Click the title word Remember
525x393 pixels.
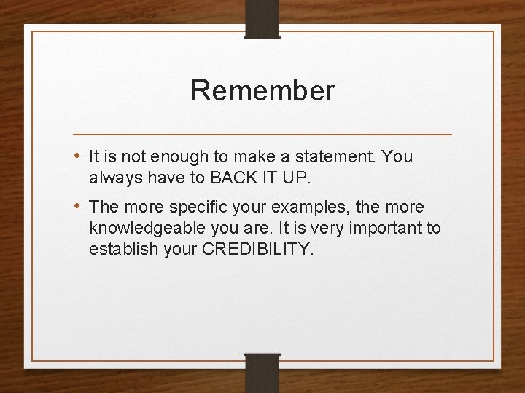tap(262, 91)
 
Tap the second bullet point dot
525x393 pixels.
tap(78, 207)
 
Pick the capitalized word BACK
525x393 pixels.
tap(232, 178)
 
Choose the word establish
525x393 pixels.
tap(120, 250)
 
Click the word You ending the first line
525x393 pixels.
tap(397, 157)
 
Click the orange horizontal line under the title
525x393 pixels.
tap(262, 135)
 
